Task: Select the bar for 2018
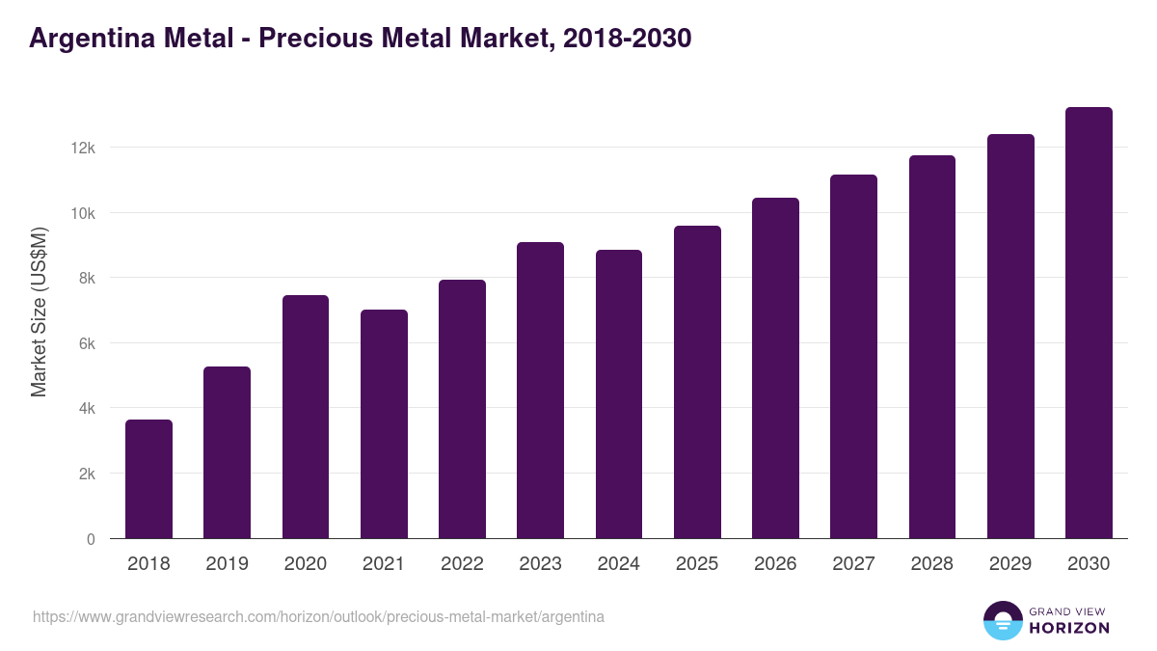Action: [148, 479]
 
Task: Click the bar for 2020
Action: [306, 417]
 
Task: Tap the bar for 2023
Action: [540, 391]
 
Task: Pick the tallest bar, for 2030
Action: [1089, 323]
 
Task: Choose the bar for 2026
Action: [775, 368]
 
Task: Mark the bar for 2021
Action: [384, 424]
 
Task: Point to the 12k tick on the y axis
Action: [82, 148]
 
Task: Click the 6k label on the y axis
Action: [85, 343]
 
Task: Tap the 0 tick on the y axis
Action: [91, 539]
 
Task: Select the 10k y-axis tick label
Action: [82, 213]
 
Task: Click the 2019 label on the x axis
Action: [227, 564]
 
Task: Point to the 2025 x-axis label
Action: [697, 564]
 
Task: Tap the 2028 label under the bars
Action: [932, 564]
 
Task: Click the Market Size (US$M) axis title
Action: [40, 312]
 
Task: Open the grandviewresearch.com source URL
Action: [318, 616]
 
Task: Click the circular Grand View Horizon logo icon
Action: [1003, 620]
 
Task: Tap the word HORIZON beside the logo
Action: [1069, 628]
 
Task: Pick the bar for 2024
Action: [619, 394]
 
